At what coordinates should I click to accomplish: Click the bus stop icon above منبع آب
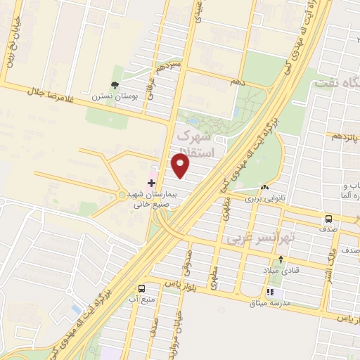142,288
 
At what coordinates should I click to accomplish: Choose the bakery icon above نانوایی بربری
264,187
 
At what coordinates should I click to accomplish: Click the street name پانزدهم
345,135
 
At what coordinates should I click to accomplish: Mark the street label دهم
238,83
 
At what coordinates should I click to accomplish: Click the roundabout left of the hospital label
122,195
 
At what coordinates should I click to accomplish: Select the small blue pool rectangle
76,309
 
